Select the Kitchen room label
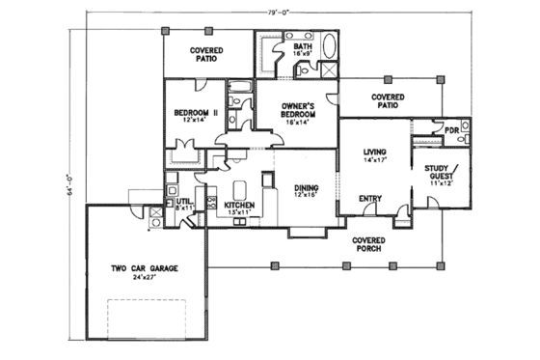(238, 206)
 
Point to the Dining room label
(307, 188)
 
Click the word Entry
(370, 199)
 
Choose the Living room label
(374, 152)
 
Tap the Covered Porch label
(368, 243)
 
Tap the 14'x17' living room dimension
(374, 161)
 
